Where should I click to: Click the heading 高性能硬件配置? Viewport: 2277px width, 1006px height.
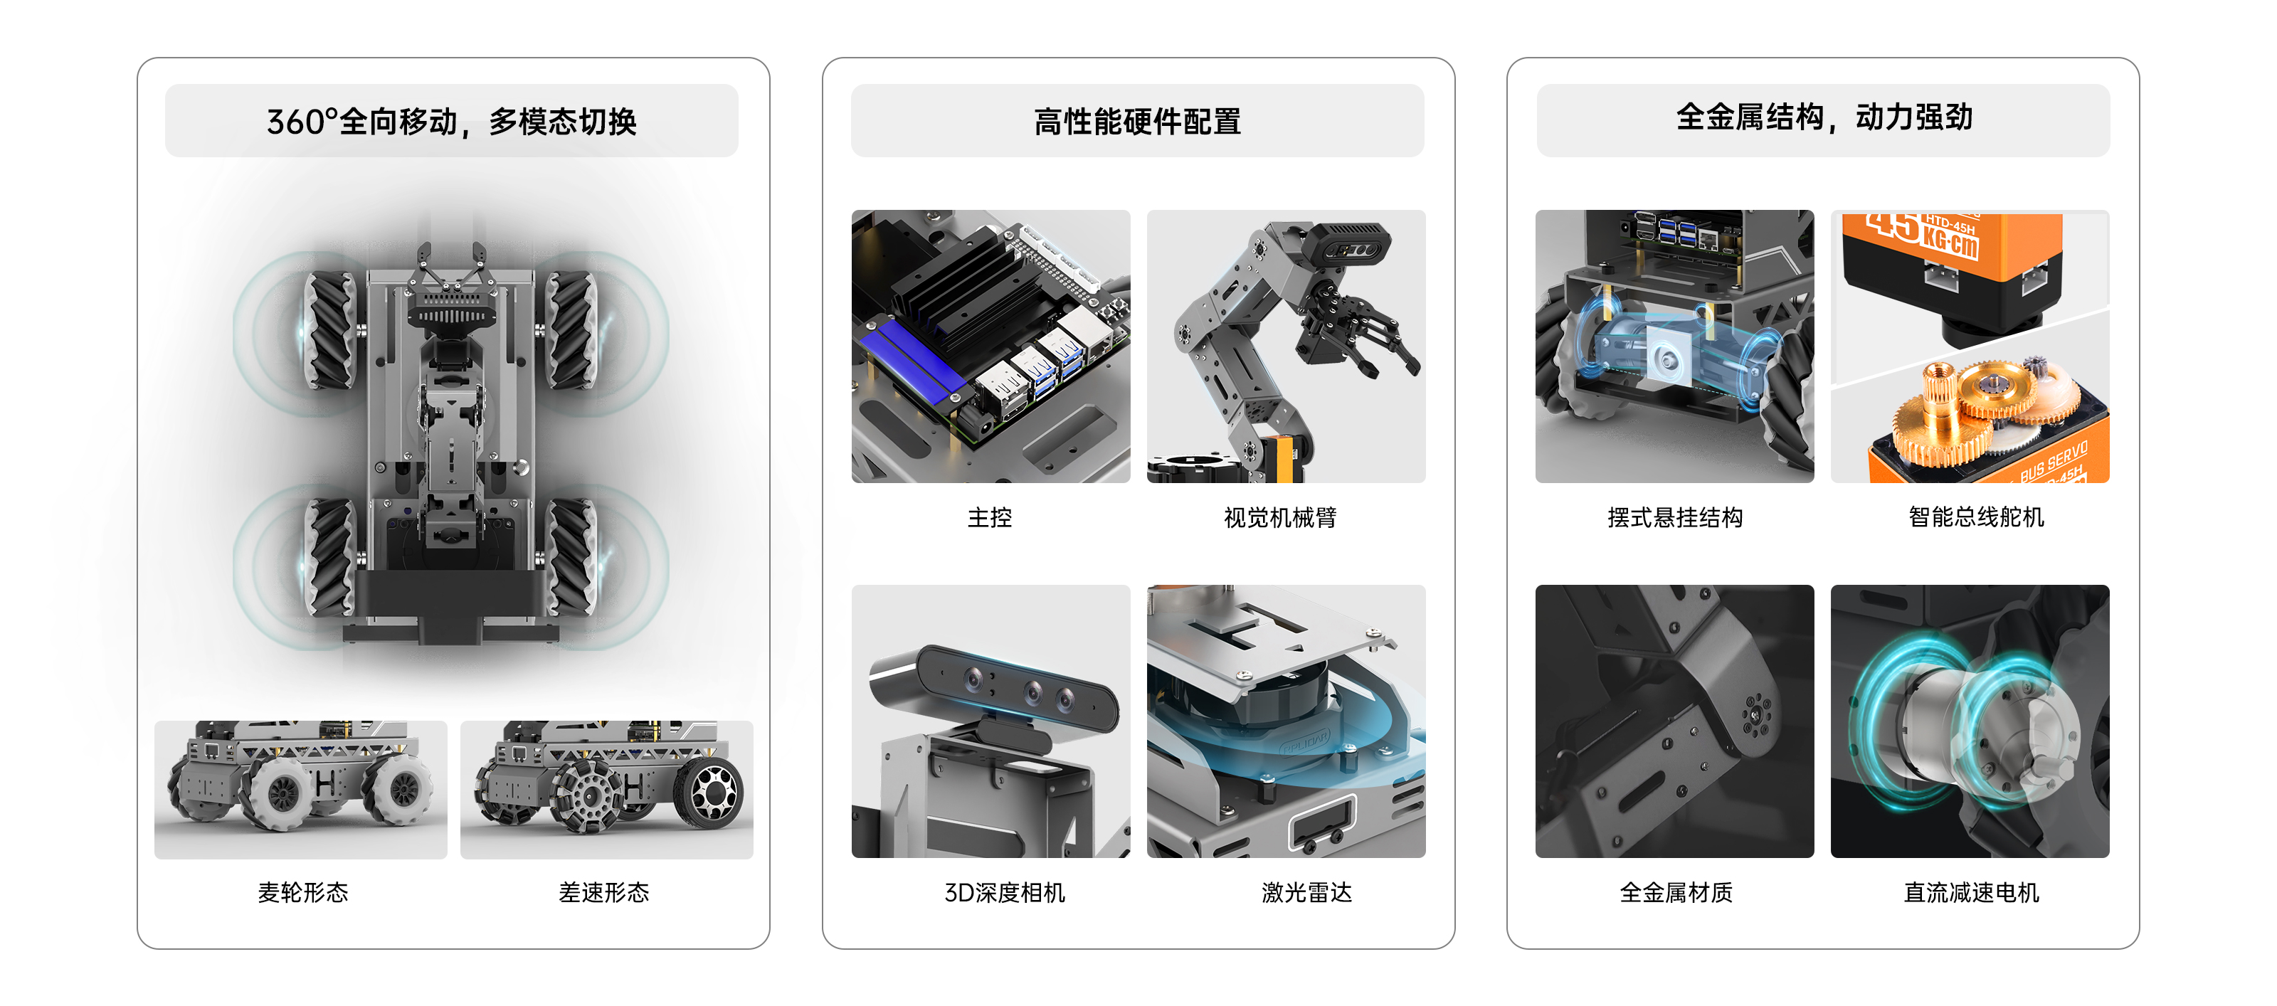tap(1137, 121)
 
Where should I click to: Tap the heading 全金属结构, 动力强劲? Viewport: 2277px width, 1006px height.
tap(1824, 117)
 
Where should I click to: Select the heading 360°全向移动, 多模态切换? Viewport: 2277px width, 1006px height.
tap(451, 121)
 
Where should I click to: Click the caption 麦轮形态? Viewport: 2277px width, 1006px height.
tap(302, 892)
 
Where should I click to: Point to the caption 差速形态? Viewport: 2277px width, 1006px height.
tap(603, 892)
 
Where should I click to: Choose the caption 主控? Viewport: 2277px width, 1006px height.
tap(989, 517)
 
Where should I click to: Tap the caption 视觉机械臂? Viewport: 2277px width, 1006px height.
tap(1280, 517)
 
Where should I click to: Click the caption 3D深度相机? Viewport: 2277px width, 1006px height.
tap(1004, 892)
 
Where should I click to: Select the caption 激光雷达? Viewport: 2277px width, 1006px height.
tap(1306, 892)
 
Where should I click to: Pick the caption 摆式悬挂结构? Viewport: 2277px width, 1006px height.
tap(1674, 517)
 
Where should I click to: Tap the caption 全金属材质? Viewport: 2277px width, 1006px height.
tap(1675, 892)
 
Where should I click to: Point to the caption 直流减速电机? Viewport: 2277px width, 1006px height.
tap(1971, 892)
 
